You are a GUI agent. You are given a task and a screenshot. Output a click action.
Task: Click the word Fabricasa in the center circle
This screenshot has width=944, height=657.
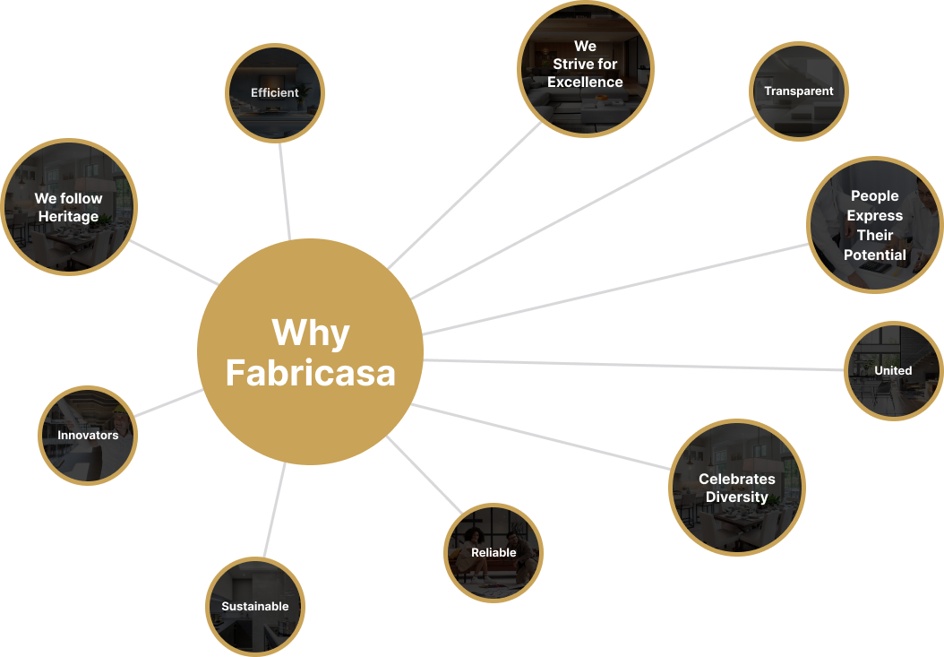[310, 373]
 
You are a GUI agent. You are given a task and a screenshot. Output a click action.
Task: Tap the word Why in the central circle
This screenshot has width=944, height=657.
[311, 333]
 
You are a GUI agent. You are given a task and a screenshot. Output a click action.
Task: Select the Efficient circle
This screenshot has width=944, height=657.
[275, 93]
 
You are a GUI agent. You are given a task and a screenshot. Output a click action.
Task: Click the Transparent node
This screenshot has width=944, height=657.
[798, 91]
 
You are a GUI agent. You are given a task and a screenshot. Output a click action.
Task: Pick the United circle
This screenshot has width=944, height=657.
[894, 371]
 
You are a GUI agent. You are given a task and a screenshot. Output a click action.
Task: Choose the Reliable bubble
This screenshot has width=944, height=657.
[493, 553]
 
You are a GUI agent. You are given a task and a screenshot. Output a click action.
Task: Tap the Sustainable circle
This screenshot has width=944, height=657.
[255, 607]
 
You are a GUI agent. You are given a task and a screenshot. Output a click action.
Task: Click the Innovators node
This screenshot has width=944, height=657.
[88, 436]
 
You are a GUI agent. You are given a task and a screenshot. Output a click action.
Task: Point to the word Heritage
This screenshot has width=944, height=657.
[69, 216]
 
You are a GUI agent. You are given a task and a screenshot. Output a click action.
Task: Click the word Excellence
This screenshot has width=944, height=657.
[585, 82]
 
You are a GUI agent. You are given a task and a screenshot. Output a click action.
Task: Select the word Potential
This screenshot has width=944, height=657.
[875, 255]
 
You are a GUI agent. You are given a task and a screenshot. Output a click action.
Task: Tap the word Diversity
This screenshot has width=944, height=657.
[737, 497]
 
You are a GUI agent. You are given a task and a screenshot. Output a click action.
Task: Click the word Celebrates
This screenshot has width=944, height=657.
[737, 480]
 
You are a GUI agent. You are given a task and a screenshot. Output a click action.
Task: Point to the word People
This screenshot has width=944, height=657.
[875, 196]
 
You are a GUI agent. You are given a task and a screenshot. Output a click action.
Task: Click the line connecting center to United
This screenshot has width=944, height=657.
[634, 365]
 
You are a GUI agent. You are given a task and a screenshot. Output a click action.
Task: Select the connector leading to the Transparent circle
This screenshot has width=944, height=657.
[583, 207]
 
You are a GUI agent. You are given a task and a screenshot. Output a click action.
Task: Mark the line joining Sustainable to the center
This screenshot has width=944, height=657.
[275, 510]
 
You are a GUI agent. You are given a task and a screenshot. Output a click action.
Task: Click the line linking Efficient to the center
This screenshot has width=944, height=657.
[285, 191]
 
